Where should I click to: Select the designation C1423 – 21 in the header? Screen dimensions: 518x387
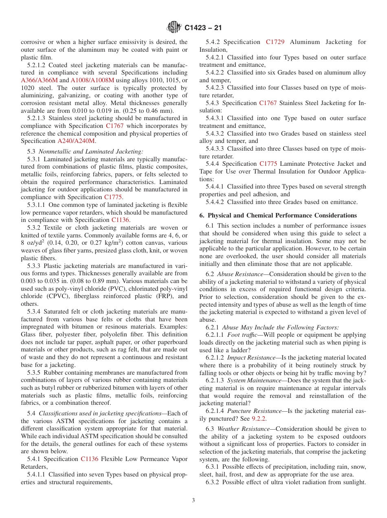203,28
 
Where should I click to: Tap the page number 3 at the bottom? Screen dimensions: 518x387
193,500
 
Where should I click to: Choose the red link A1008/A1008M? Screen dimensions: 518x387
92,80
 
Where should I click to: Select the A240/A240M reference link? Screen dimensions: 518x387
76,141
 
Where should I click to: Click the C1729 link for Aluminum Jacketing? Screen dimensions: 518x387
275,42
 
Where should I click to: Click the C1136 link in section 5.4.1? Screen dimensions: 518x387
89,459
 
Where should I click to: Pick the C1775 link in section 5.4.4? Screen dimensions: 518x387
268,164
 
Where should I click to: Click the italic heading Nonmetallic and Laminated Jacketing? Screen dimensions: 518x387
91,151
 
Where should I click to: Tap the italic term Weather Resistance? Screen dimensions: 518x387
243,429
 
